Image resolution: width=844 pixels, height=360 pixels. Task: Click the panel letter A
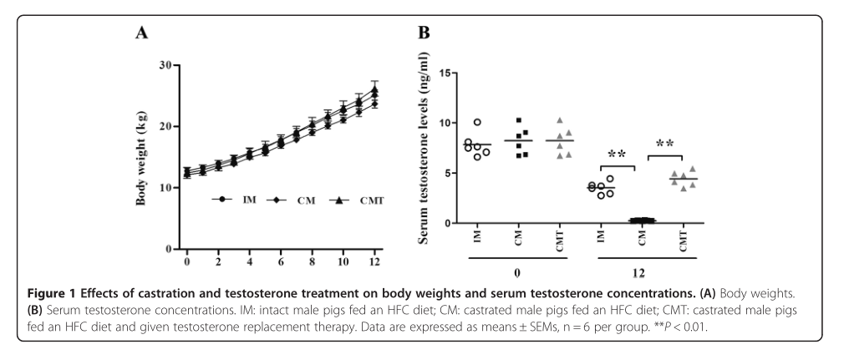[144, 34]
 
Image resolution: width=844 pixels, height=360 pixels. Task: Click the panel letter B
[424, 33]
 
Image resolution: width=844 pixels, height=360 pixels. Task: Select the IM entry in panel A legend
[236, 200]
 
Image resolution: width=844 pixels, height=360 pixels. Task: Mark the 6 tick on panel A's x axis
[281, 261]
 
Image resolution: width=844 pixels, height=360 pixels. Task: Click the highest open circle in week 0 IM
[477, 123]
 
